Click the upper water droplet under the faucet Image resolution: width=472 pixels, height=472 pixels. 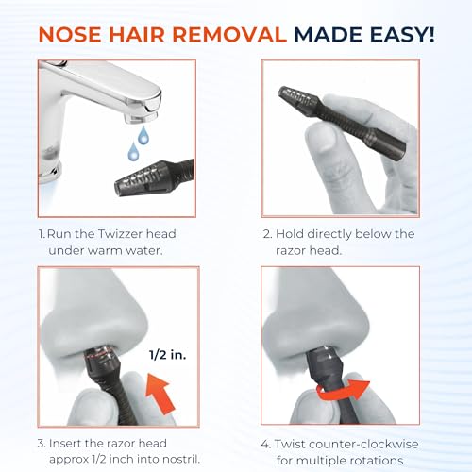tap(143, 136)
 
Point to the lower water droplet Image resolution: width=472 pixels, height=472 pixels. tap(133, 152)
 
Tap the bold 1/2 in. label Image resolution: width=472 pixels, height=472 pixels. tap(168, 355)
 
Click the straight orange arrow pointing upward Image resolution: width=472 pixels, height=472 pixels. tap(160, 393)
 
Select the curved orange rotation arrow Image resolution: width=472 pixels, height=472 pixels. tap(343, 391)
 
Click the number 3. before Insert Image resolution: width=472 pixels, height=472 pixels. tap(42, 444)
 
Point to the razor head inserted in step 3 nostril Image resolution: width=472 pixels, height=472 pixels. tap(100, 358)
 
